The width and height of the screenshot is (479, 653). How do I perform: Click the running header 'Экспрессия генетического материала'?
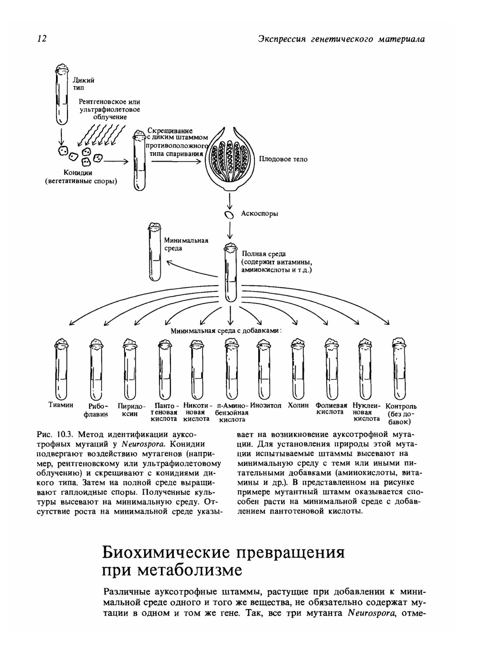pyautogui.click(x=341, y=39)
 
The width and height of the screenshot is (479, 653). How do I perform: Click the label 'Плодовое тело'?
pyautogui.click(x=283, y=159)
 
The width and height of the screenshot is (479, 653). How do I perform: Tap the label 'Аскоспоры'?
pyautogui.click(x=259, y=214)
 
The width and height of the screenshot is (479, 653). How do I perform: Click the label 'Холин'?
pyautogui.click(x=298, y=406)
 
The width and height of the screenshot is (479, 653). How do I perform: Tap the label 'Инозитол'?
pyautogui.click(x=266, y=406)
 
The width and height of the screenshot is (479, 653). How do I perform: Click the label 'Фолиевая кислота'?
pyautogui.click(x=331, y=409)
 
